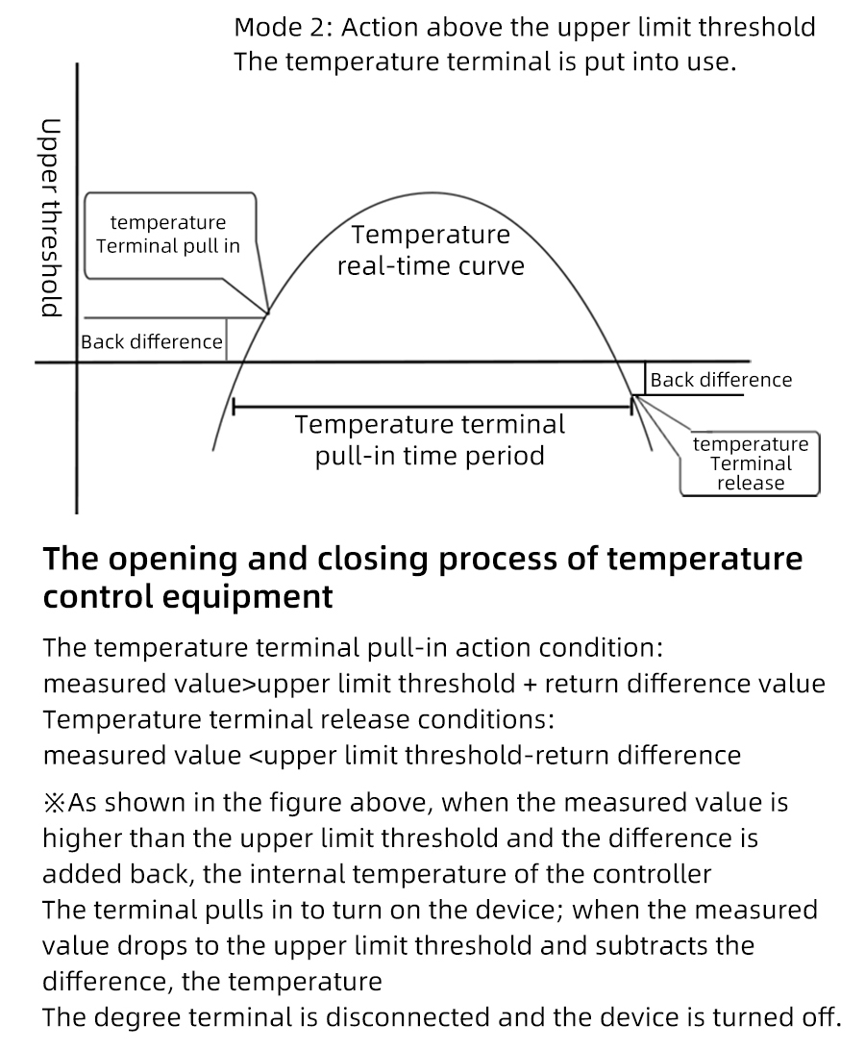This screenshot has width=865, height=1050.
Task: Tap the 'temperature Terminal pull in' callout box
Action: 168,235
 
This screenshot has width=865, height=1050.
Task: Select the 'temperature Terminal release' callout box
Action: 751,463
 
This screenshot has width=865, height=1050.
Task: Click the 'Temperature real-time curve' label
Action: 431,249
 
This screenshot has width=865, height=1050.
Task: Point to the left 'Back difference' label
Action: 152,342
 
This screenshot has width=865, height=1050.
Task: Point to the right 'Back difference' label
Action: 721,380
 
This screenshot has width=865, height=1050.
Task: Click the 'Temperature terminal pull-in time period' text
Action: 430,439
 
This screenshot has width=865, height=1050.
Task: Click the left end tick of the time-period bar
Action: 235,408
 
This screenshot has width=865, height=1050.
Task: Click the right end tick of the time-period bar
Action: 631,408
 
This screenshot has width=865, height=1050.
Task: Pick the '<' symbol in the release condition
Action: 255,755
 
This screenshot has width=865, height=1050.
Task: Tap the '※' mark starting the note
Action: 56,802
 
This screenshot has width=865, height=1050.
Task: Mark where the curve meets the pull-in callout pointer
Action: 267,312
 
